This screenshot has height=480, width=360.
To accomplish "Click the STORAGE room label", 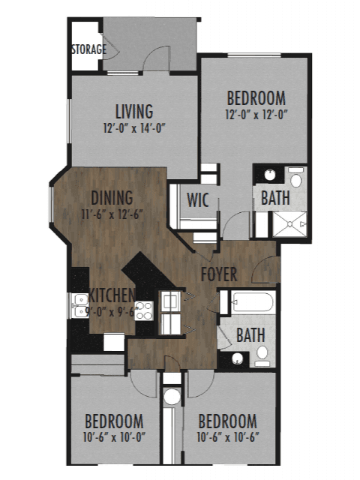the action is (89, 49).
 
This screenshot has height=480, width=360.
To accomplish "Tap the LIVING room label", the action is (134, 112).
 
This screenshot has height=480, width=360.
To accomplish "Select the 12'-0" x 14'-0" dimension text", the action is (134, 127).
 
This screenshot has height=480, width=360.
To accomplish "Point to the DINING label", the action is (112, 198).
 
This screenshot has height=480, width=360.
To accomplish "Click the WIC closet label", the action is (198, 199).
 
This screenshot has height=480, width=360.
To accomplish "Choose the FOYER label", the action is (219, 274).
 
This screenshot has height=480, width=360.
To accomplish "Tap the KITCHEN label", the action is (112, 295).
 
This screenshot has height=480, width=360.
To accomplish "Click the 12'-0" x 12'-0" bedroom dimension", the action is (256, 115).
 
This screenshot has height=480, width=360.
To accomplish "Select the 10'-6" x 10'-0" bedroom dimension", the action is (114, 436).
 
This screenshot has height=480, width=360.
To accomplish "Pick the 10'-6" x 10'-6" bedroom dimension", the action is (228, 436).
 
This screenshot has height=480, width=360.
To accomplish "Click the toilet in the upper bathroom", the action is (295, 177).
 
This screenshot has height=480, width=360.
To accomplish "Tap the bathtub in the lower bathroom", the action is (252, 302).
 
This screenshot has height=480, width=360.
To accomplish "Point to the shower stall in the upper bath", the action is (289, 224).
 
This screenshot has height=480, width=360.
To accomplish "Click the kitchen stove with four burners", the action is (144, 310).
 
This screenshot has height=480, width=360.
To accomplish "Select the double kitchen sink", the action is (78, 305).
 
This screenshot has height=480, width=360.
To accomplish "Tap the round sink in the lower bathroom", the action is (237, 358).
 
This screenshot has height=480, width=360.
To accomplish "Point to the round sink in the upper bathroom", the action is (270, 175).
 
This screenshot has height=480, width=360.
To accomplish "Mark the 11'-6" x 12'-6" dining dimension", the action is (112, 214).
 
